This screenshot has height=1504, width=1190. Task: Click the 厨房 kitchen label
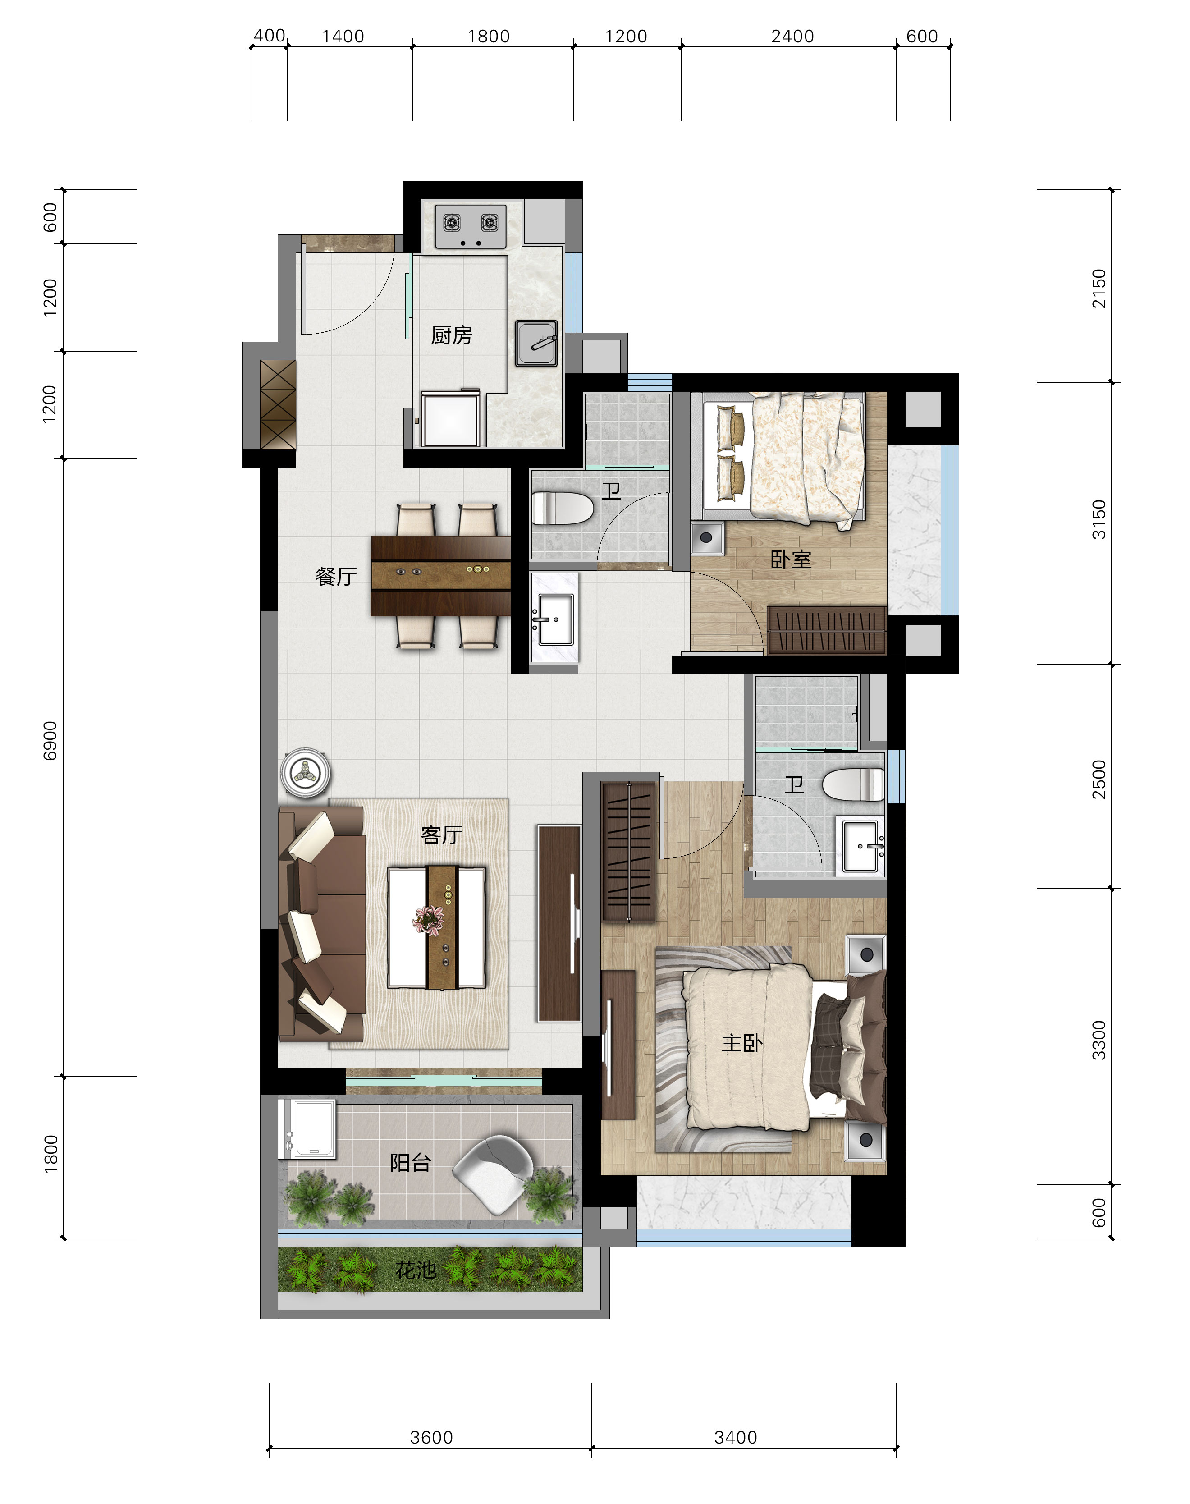(x=452, y=335)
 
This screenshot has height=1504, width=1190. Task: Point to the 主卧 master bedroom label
(x=742, y=1043)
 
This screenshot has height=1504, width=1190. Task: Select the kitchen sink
(x=536, y=343)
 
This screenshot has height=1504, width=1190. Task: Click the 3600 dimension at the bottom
(x=431, y=1437)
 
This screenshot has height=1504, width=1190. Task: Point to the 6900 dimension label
(x=50, y=740)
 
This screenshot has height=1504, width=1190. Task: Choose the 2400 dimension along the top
(x=792, y=36)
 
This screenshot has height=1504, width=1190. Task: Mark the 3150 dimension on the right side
(x=1099, y=519)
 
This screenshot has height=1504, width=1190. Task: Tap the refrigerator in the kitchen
(x=451, y=418)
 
